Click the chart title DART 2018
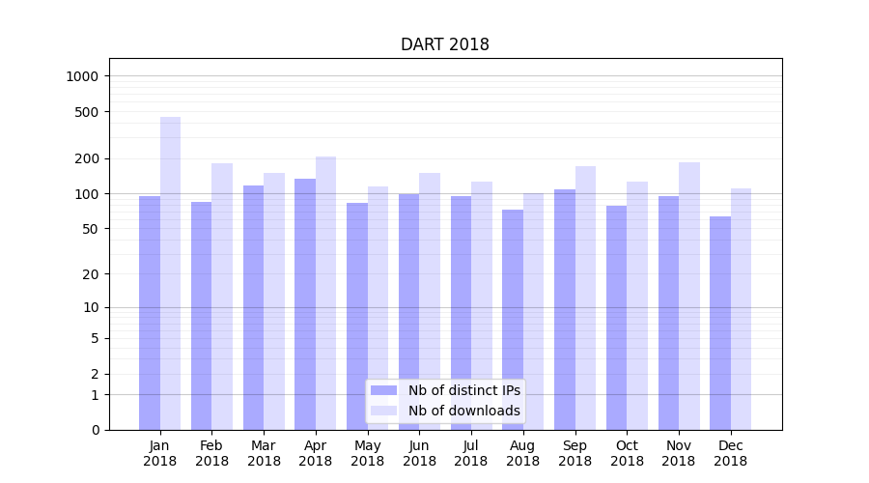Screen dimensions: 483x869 click(x=445, y=45)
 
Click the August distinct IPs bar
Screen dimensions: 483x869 click(x=513, y=320)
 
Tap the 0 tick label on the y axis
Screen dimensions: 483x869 click(x=95, y=430)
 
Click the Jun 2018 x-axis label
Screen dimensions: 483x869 click(x=419, y=453)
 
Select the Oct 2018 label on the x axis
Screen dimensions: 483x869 click(x=627, y=453)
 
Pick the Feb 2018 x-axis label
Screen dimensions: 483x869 click(x=211, y=453)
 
